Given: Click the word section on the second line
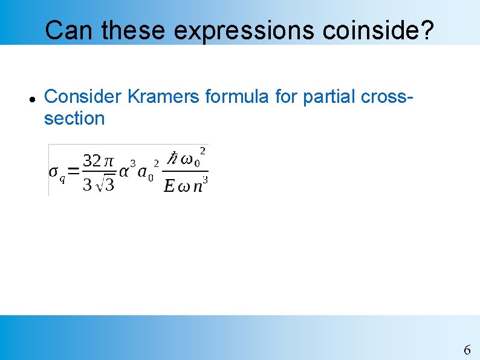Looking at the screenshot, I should pyautogui.click(x=74, y=118).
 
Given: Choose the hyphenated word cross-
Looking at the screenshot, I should pyautogui.click(x=388, y=96).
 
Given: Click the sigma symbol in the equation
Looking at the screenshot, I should pyautogui.click(x=54, y=171).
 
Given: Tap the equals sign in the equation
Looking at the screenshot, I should pyautogui.click(x=73, y=172).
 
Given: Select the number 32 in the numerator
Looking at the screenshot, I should pyautogui.click(x=91, y=161).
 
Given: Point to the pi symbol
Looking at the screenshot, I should pyautogui.click(x=108, y=162).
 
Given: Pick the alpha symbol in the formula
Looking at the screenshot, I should pyautogui.click(x=124, y=172).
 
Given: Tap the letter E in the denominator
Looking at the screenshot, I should pyautogui.click(x=169, y=186).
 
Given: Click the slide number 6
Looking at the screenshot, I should pyautogui.click(x=467, y=350).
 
